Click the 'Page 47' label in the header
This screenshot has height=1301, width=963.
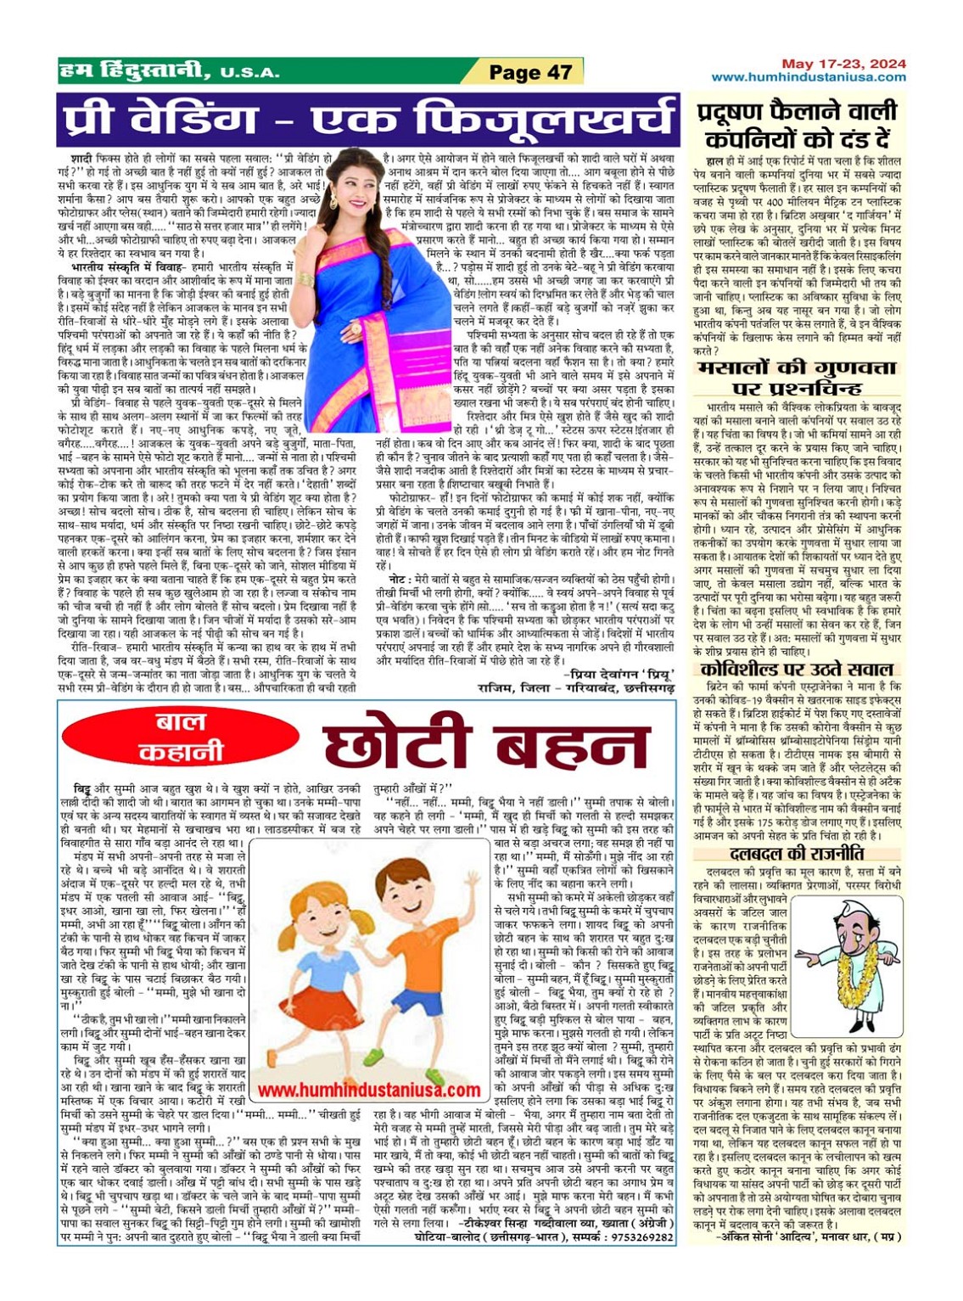click(530, 72)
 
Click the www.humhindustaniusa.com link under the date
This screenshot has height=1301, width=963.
click(808, 77)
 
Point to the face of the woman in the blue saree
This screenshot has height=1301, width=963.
click(350, 188)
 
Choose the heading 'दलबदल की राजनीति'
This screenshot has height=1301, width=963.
click(797, 854)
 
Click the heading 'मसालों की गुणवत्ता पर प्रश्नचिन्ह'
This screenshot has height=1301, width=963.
click(796, 379)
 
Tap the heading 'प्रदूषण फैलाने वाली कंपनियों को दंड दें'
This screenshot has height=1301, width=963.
click(797, 124)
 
